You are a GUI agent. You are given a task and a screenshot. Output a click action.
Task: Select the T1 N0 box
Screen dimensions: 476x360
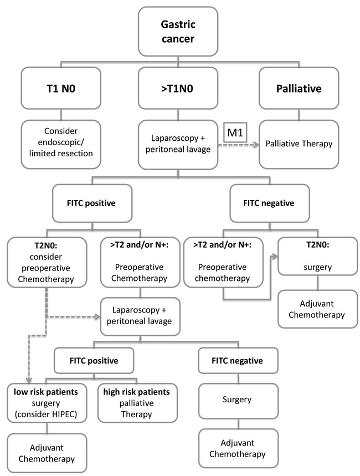pyautogui.click(x=61, y=87)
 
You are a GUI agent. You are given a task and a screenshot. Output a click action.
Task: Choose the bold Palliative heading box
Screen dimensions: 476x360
pyautogui.click(x=299, y=87)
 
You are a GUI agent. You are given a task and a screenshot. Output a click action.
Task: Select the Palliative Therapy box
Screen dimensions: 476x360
pyautogui.click(x=299, y=144)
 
